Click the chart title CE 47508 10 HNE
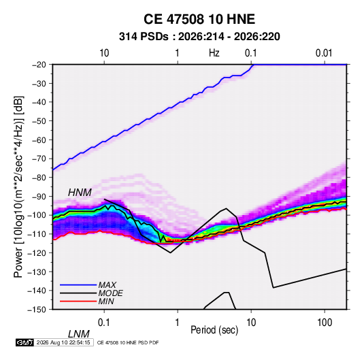point(199,19)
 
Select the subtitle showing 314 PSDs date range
point(199,37)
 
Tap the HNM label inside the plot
point(80,193)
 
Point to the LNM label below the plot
point(78,334)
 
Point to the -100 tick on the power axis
point(37,215)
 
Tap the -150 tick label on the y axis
point(37,310)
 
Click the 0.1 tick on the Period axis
point(104,323)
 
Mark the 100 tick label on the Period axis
point(325,323)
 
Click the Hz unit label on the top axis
point(214,53)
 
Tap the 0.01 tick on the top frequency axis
point(324,53)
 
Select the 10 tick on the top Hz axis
point(104,53)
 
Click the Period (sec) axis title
point(214,330)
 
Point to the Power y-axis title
point(18,186)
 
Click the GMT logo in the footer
point(25,342)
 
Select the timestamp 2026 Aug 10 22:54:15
point(63,342)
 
